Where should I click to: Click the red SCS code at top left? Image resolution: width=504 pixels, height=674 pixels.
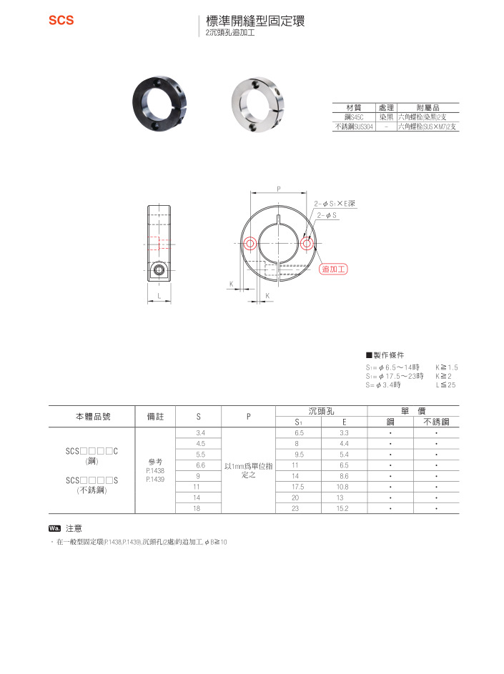tap(61, 21)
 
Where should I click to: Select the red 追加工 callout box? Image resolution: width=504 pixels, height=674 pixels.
tap(333, 269)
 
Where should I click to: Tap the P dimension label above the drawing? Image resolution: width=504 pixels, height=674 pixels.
tap(278, 189)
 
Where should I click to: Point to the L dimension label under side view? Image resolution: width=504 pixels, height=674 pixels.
tap(159, 295)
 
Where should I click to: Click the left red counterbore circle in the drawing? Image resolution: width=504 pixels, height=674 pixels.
tap(249, 244)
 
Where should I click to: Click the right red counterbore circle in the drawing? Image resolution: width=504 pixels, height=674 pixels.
tap(307, 244)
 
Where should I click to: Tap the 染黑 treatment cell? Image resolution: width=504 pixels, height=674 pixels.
tap(386, 116)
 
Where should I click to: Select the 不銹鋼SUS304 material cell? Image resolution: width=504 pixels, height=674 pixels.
tap(354, 126)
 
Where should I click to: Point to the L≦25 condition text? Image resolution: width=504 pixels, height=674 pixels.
tap(445, 385)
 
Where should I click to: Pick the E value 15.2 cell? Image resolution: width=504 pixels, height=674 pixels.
tap(343, 508)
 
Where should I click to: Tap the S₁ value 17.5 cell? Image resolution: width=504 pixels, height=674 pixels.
tap(298, 487)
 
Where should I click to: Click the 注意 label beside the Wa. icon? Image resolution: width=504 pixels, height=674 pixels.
tap(74, 528)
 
